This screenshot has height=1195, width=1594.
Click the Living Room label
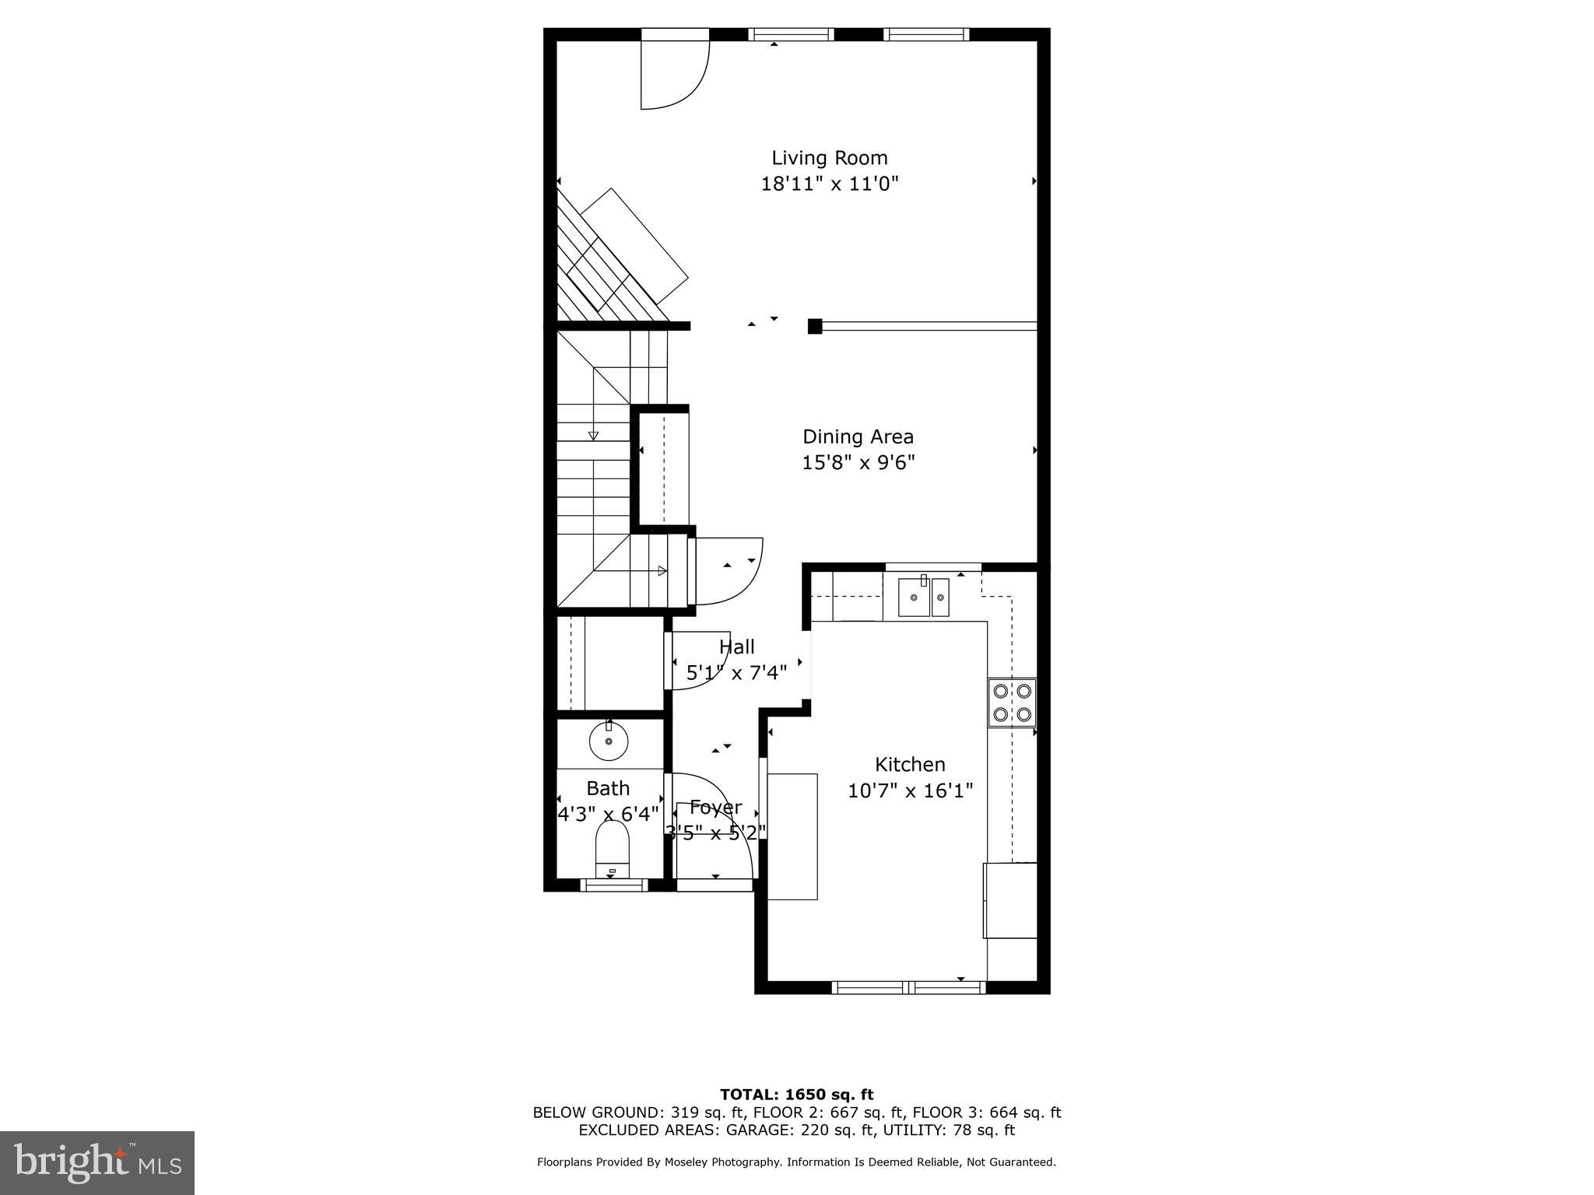click(829, 158)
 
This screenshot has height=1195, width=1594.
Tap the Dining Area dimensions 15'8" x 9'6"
click(858, 463)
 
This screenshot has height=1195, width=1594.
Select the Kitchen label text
click(909, 764)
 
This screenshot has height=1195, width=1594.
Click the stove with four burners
click(1012, 702)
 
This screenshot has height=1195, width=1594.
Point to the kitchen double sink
click(923, 597)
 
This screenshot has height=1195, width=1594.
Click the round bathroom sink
click(609, 741)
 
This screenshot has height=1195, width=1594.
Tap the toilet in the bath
click(612, 850)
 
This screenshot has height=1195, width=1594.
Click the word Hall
click(736, 647)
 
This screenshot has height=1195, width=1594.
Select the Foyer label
click(715, 807)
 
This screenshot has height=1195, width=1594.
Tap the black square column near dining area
click(814, 326)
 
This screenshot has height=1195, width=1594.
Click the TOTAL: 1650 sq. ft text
click(796, 1095)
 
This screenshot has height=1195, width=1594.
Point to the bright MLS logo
click(97, 1162)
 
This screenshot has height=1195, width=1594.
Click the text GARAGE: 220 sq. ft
click(795, 1130)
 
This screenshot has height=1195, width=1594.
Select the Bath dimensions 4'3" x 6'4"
click(608, 814)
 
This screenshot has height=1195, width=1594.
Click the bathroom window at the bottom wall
click(615, 885)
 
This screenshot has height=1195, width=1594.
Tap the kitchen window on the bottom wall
click(908, 987)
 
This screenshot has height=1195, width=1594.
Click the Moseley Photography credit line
click(796, 1162)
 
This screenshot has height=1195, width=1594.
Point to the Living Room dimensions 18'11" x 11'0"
click(829, 184)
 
